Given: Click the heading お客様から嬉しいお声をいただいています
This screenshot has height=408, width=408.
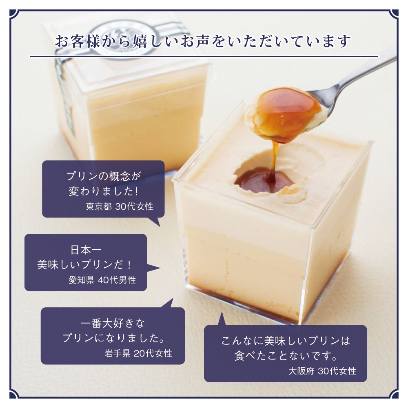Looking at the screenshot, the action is point(203,42).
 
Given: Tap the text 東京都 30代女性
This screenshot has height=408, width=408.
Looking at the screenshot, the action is point(120,206).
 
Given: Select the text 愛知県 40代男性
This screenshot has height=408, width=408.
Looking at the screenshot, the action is point(102,280).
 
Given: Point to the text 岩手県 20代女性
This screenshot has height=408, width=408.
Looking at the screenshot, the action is point(138,353).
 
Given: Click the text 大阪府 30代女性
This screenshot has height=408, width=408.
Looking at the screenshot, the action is point(322,371).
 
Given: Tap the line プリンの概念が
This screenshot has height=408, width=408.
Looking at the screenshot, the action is point(103,176).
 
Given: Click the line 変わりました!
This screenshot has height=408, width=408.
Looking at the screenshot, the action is point(103,191).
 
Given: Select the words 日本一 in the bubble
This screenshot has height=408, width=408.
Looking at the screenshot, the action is point(86,250).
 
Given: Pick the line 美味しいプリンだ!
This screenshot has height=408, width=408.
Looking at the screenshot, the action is point(85,265).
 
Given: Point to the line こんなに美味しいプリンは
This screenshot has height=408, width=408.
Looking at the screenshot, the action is point(286,341).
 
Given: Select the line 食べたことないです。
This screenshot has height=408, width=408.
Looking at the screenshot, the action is point(286,356).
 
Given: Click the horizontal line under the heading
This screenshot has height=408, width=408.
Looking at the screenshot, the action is point(204,56).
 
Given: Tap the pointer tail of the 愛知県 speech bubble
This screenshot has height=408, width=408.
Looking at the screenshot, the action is point(153,268).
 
